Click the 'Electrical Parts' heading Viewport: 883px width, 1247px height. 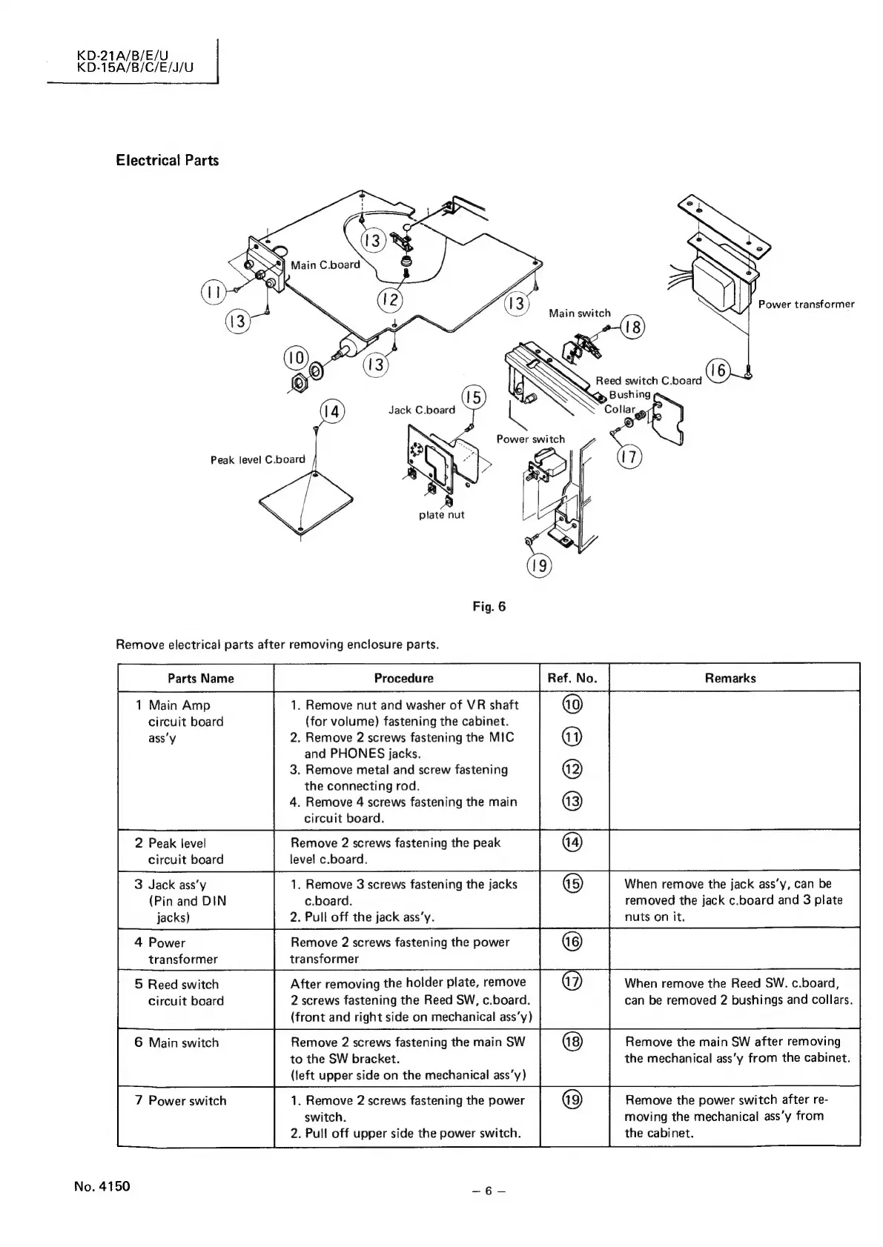(x=167, y=161)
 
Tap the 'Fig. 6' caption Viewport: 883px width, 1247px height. (x=489, y=607)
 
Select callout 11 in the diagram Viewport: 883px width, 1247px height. (x=213, y=292)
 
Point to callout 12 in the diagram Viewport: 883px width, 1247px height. (x=389, y=301)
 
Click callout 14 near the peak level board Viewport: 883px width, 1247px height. (x=331, y=412)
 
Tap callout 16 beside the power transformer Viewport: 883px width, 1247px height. (x=718, y=370)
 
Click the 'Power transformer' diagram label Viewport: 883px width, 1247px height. (x=806, y=305)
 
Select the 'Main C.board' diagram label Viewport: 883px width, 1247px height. (x=325, y=265)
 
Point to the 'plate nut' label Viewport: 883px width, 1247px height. (x=441, y=515)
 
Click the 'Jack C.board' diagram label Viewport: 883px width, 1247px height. (x=421, y=410)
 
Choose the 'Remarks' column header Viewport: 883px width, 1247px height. (x=730, y=678)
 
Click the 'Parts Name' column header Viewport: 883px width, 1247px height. (x=200, y=678)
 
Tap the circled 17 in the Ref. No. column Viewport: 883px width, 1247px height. (x=573, y=984)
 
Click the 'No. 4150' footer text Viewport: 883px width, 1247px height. (x=102, y=1186)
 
